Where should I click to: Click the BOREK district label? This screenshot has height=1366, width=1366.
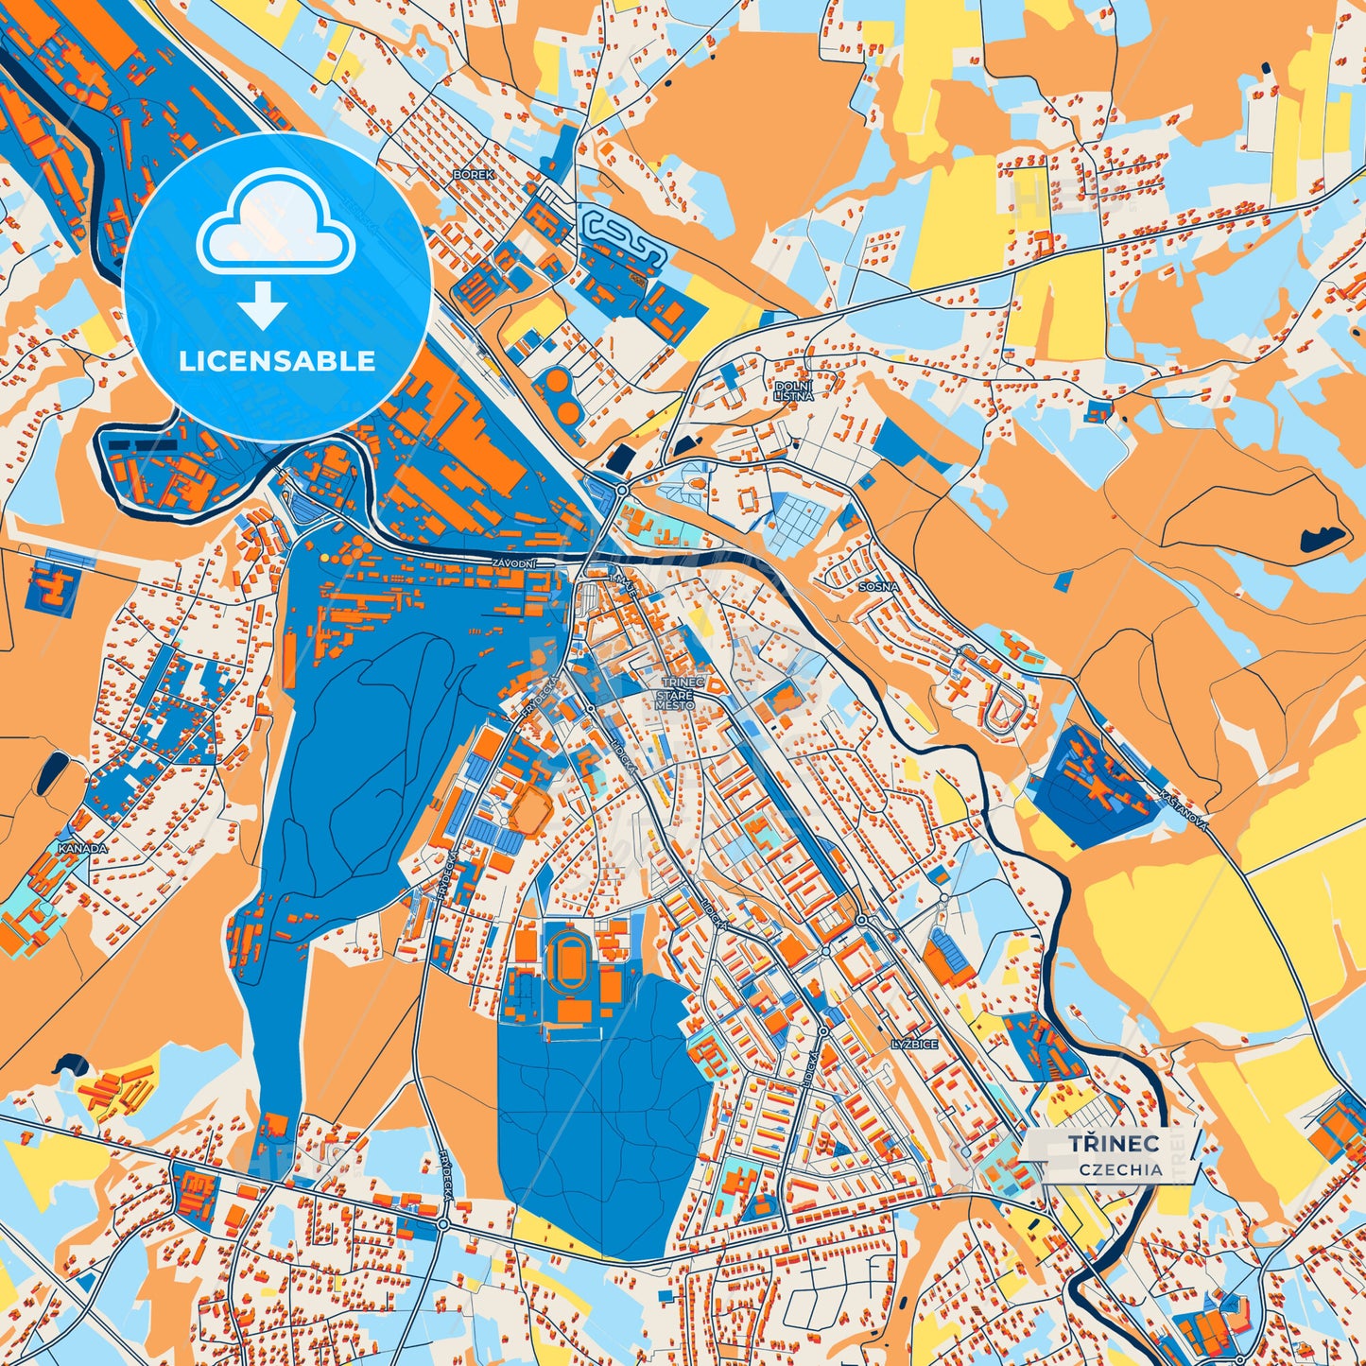(474, 175)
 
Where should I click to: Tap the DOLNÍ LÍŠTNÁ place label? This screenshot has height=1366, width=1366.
(793, 391)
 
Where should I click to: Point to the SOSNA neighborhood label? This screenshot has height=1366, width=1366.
(878, 586)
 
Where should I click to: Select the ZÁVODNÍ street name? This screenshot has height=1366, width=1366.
(514, 564)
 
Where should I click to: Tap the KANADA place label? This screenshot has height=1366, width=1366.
(83, 849)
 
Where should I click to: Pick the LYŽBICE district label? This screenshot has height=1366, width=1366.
(914, 1045)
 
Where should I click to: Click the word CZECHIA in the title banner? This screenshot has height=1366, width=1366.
(1121, 1169)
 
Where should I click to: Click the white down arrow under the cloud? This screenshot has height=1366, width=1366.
(263, 307)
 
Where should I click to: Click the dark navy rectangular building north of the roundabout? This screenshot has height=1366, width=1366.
(620, 458)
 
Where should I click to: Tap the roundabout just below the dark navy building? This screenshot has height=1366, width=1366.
(621, 490)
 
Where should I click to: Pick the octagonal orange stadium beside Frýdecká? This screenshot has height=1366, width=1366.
(529, 812)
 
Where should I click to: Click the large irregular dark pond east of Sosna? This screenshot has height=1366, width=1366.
(1322, 538)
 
